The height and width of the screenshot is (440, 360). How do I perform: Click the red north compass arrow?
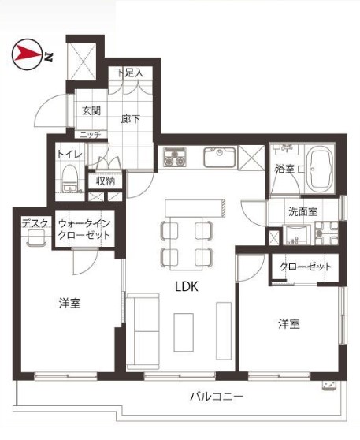tap(28, 54)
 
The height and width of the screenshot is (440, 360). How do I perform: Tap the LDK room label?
tap(187, 286)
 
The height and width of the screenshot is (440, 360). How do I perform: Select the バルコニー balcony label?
tap(217, 397)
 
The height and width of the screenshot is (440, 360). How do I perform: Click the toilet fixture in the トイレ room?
tap(69, 179)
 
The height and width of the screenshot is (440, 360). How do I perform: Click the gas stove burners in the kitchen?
tap(175, 157)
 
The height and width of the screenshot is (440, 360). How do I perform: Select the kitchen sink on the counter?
tap(219, 157)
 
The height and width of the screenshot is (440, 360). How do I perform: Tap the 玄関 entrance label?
tap(91, 111)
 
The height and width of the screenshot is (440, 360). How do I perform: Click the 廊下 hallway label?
tap(131, 119)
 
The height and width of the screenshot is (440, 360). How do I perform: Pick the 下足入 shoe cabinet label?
tap(131, 73)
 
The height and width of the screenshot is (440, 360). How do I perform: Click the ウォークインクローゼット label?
tap(84, 229)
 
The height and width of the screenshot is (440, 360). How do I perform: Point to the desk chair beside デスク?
tap(36, 237)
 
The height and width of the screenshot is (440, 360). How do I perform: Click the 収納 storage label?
tap(106, 181)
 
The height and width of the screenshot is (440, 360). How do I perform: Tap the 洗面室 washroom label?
tap(303, 211)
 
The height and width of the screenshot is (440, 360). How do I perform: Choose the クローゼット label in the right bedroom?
tap(306, 267)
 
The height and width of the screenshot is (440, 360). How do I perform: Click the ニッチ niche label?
tap(91, 135)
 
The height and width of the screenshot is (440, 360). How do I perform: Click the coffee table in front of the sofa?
tap(184, 332)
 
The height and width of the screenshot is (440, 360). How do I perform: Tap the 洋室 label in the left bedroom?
tap(70, 303)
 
